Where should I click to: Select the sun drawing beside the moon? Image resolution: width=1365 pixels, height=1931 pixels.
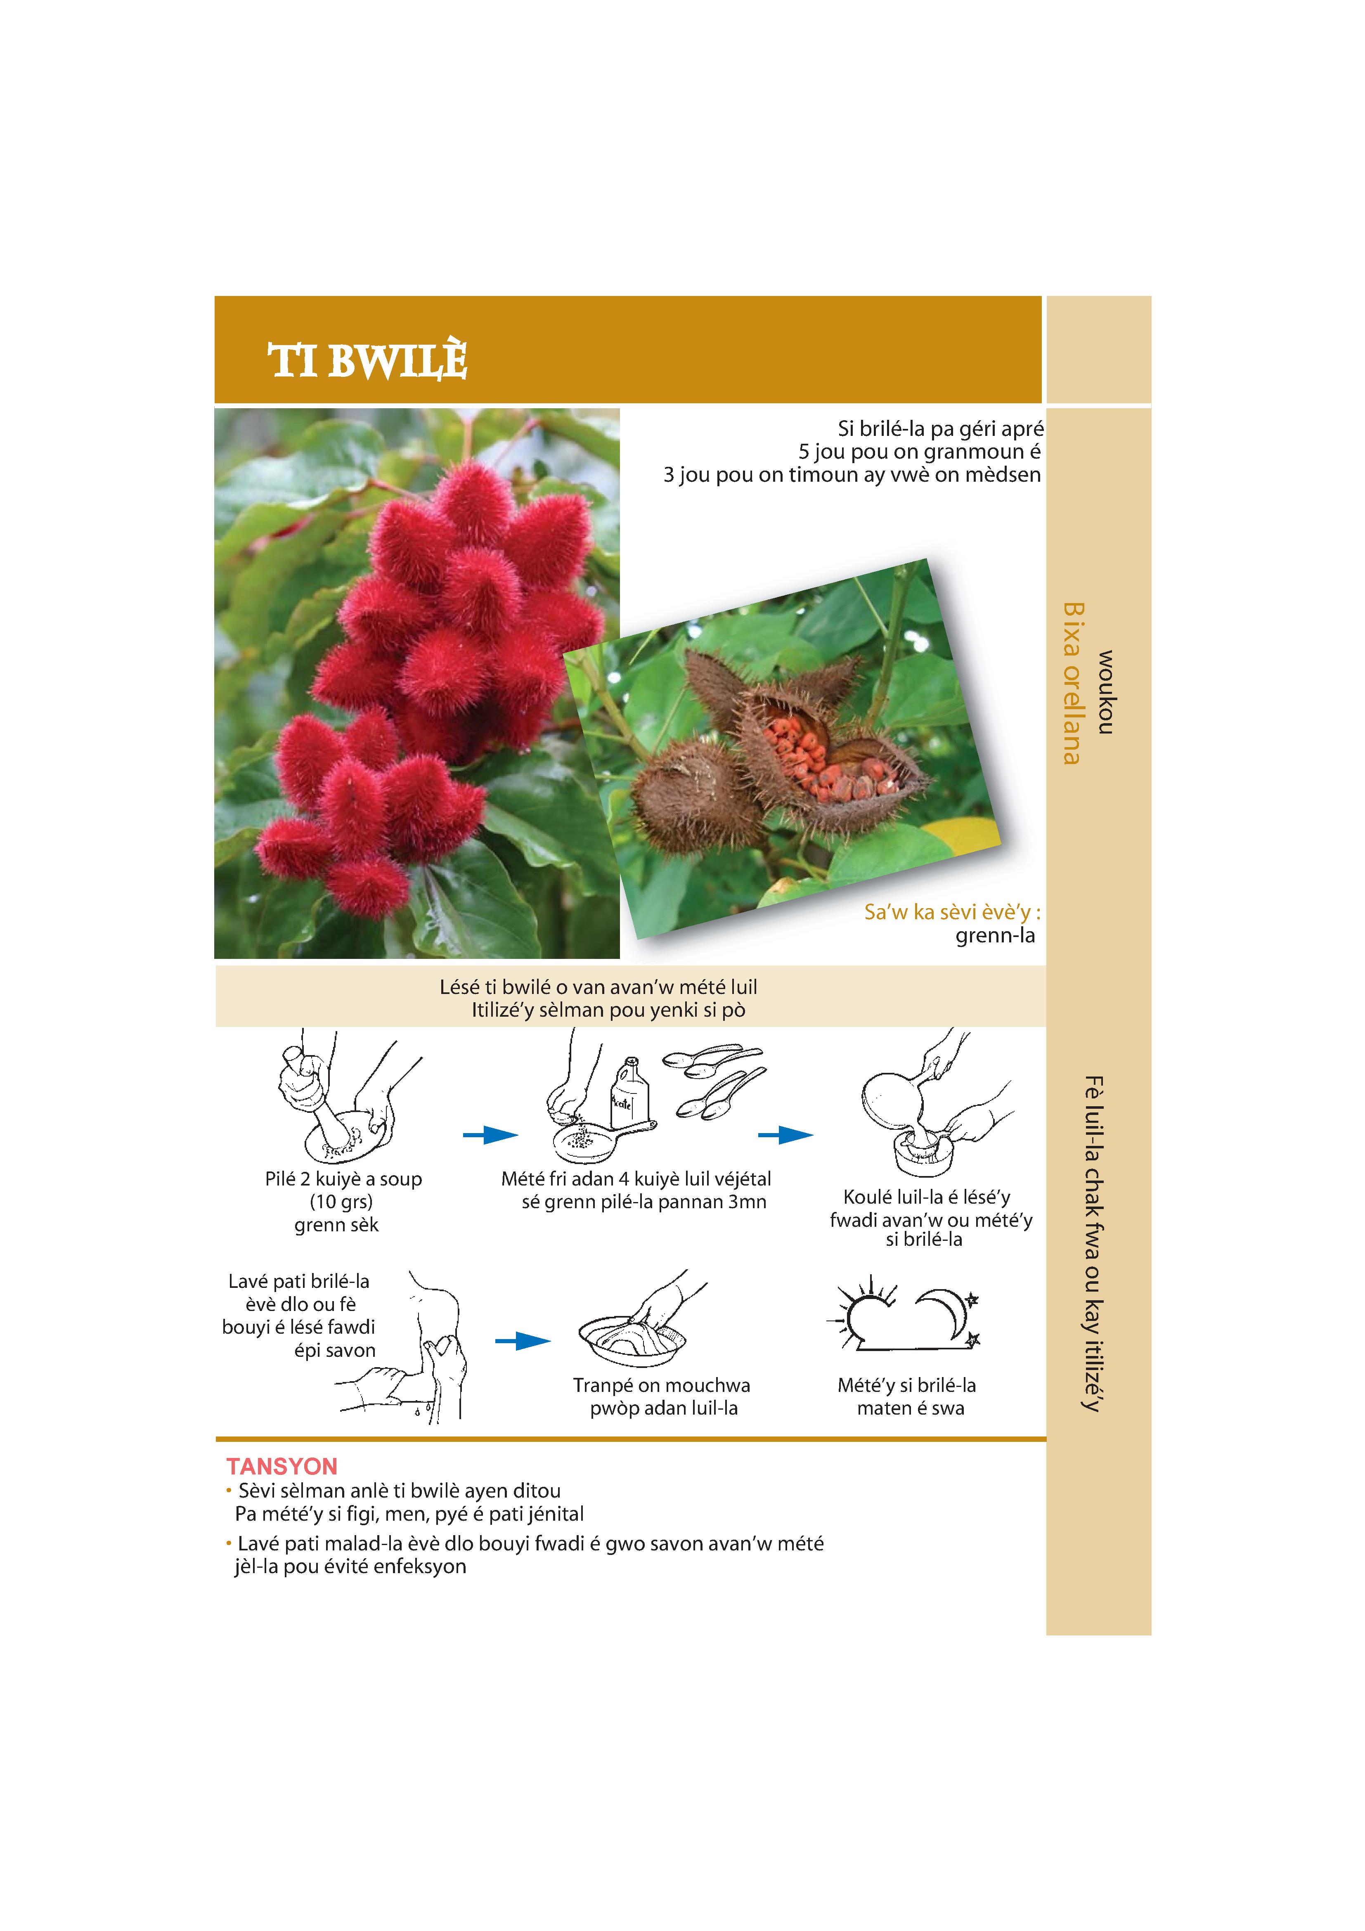click(x=862, y=1314)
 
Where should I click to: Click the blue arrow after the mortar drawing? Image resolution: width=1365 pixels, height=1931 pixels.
click(x=490, y=1136)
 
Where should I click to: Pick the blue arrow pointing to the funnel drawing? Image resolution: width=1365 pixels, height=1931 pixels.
click(x=785, y=1136)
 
